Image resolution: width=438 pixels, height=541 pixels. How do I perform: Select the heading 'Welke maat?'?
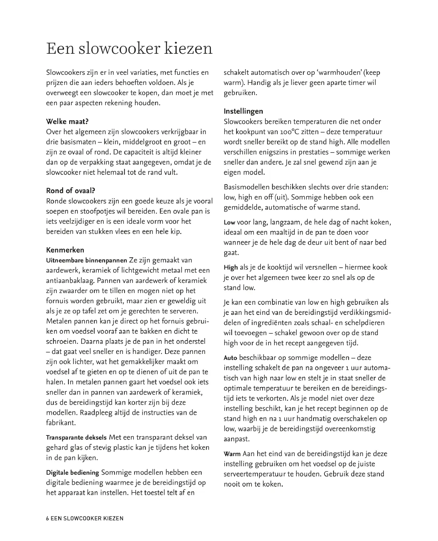click(67, 121)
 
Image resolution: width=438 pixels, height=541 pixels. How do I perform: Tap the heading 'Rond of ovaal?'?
click(70, 190)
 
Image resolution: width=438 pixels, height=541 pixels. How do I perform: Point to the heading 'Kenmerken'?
click(65, 250)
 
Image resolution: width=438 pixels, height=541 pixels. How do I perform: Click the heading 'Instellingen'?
click(243, 111)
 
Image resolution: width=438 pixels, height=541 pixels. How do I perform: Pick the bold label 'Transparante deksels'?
click(76, 438)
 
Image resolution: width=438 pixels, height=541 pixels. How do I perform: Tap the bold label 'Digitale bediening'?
click(72, 473)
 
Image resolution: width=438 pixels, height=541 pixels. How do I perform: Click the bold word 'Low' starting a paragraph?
click(229, 222)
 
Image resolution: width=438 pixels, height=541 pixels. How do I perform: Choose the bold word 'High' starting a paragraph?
click(230, 267)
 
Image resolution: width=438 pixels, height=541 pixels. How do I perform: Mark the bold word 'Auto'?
click(230, 358)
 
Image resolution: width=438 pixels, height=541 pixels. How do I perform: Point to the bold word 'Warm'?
click(232, 454)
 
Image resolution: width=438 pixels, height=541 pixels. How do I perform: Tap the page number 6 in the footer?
click(47, 518)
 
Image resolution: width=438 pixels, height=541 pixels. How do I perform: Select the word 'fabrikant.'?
click(61, 423)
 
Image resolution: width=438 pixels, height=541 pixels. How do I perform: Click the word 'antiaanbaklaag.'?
click(71, 280)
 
